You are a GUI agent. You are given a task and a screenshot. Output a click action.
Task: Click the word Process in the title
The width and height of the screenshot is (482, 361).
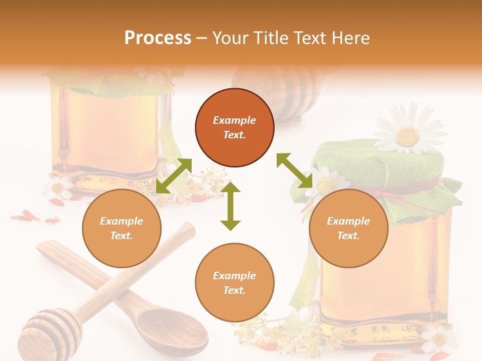point(158,38)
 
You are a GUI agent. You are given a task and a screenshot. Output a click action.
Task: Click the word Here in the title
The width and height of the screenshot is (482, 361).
point(350,38)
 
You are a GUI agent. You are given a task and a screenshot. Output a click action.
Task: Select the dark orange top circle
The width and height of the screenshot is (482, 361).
point(234,127)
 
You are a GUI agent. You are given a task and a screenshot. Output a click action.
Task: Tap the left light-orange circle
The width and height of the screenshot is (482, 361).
point(122,228)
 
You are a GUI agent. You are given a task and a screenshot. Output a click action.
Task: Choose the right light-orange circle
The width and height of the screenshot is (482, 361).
point(348,228)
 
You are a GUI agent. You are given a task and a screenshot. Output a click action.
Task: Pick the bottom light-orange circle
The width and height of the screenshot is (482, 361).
point(234,283)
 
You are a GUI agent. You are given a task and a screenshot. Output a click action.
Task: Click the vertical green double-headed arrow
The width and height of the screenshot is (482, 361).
point(230,206)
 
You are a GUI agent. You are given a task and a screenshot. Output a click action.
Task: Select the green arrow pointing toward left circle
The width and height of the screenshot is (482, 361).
point(174,175)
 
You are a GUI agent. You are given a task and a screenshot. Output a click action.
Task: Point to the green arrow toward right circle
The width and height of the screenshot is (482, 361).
point(295,171)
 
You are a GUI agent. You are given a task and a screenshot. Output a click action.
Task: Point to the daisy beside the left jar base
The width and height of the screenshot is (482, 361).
point(58,188)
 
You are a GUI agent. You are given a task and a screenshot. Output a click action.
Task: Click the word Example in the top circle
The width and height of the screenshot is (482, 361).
point(234,120)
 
